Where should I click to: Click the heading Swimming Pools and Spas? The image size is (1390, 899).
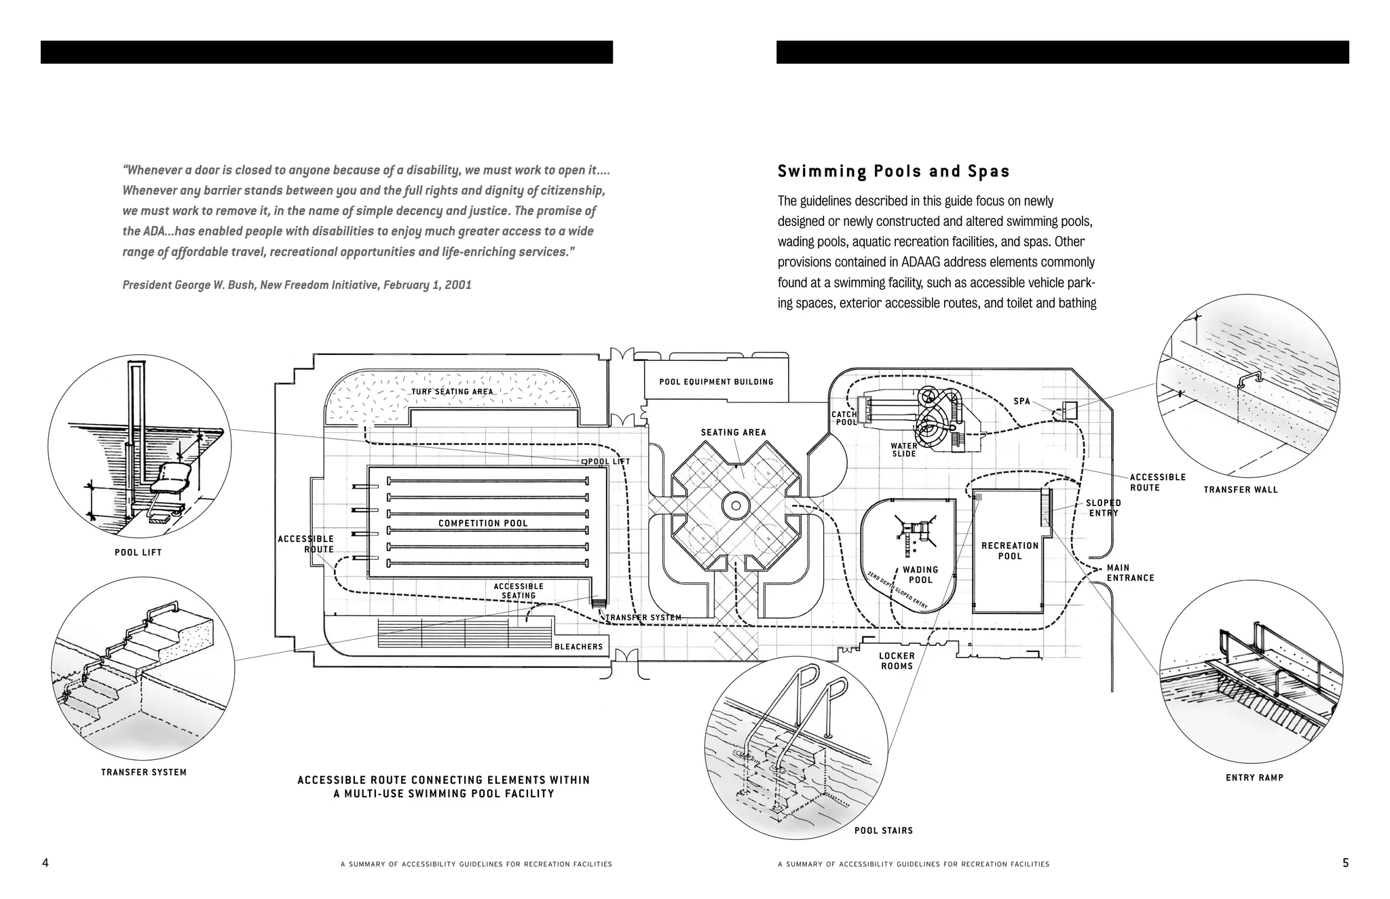[x=893, y=172]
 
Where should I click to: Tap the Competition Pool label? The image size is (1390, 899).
[x=483, y=523]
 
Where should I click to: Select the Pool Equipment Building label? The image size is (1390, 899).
[x=716, y=382]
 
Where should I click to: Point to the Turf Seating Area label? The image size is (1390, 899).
[x=452, y=391]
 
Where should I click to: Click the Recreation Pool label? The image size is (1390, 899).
[x=1010, y=551]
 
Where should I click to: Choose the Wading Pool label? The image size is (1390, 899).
[x=920, y=575]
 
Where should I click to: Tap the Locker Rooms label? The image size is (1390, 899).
[x=897, y=661]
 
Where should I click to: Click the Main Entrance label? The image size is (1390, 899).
[x=1130, y=573]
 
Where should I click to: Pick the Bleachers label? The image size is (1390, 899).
[x=578, y=647]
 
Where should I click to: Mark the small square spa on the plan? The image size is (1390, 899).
[x=1070, y=410]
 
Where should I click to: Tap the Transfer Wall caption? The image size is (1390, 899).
[x=1240, y=489]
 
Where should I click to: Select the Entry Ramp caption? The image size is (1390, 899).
[x=1254, y=778]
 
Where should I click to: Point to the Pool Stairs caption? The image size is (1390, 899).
[x=883, y=830]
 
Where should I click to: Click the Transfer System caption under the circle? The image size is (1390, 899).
[x=144, y=772]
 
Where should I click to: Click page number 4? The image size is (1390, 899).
[x=45, y=863]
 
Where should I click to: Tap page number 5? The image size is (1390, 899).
[x=1345, y=863]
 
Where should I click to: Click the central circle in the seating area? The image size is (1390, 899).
[x=734, y=505]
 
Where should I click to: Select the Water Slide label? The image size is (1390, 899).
[x=904, y=450]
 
